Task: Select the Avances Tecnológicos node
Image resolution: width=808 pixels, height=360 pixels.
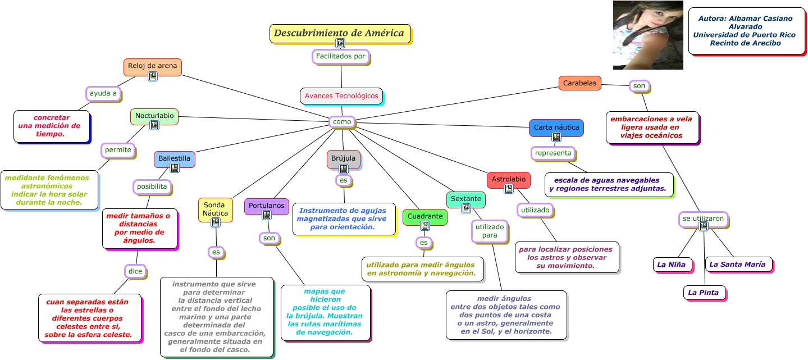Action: click(x=341, y=96)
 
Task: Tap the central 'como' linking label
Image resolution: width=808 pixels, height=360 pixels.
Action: click(x=342, y=122)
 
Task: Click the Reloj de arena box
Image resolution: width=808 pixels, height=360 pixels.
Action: click(x=153, y=67)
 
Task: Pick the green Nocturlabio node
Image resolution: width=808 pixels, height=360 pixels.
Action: click(x=154, y=116)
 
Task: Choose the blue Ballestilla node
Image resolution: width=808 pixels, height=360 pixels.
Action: click(x=174, y=159)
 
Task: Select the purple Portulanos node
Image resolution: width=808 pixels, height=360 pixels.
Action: click(x=267, y=206)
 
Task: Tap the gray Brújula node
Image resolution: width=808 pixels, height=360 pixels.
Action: click(x=344, y=159)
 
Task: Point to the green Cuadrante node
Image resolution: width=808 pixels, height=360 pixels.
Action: click(x=425, y=217)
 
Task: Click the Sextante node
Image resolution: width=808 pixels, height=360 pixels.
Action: click(x=465, y=199)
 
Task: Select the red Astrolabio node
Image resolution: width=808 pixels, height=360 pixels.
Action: click(x=509, y=180)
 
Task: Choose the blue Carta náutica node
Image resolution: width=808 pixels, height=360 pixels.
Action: click(x=556, y=128)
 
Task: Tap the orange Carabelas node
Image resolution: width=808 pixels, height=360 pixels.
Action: click(x=579, y=83)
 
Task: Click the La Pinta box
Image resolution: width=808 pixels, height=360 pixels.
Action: click(x=704, y=293)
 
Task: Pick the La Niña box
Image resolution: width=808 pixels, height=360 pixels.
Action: click(x=673, y=265)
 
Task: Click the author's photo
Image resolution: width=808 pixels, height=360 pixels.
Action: click(x=648, y=35)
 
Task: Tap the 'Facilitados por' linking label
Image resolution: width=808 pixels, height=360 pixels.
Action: click(x=341, y=57)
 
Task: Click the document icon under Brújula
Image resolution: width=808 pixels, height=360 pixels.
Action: click(x=344, y=169)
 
